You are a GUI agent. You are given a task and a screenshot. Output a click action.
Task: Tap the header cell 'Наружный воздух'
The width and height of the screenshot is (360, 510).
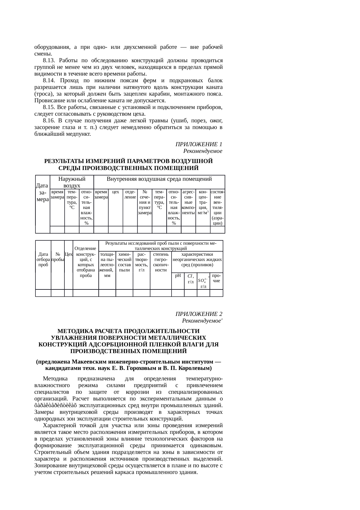coord(72,182)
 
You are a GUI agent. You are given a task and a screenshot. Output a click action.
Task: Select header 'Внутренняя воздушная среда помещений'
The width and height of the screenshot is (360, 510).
coord(159,179)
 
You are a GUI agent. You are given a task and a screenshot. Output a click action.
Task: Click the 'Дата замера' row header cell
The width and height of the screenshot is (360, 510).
coord(42,192)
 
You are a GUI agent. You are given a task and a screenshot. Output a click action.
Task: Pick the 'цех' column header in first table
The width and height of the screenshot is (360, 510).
coord(116,192)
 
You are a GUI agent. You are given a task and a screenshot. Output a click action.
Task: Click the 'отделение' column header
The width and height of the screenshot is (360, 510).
coord(130,194)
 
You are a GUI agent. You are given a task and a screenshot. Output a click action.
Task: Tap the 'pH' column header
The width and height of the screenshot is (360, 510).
coord(178,275)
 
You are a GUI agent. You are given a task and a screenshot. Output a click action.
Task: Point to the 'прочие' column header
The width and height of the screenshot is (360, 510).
coord(216,278)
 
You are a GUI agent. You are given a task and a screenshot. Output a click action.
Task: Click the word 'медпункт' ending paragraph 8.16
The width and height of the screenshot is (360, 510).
coord(80,134)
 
